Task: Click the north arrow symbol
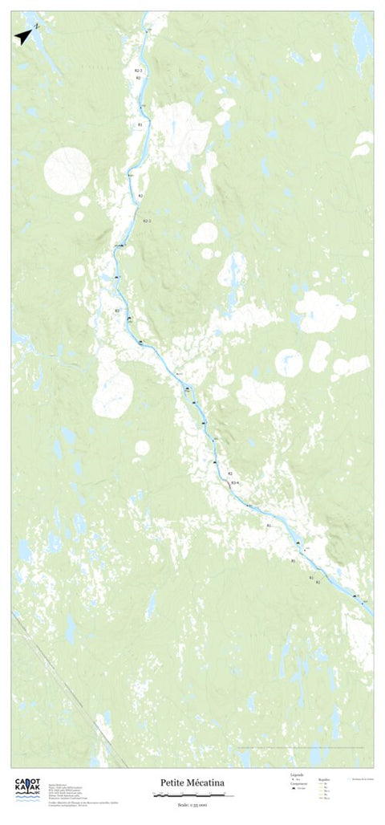coord(23,35)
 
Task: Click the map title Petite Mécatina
coord(192,782)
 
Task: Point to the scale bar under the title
coord(192,795)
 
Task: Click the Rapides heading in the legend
coord(324,778)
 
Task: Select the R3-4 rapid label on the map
coord(235,482)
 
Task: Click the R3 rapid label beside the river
coord(117,311)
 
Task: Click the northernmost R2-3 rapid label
coord(138,71)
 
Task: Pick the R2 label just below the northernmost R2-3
coord(138,79)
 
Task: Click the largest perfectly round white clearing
coord(67,170)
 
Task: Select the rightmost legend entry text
coord(361,778)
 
